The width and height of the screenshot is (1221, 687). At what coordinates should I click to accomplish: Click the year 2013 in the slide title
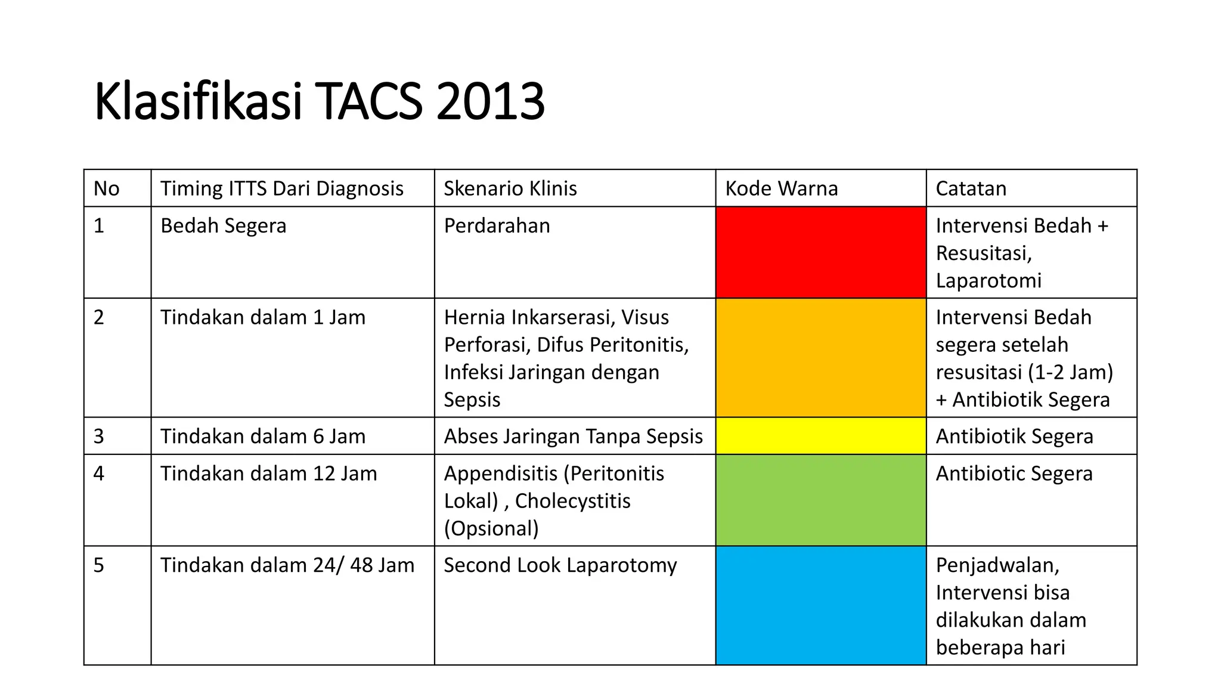coord(490,101)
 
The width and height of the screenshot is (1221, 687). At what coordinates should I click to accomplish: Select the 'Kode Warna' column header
coord(781,188)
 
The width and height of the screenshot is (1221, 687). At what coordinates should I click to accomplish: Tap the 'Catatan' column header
coord(971,188)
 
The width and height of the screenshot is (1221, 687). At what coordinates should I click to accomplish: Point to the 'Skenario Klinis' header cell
coord(510,188)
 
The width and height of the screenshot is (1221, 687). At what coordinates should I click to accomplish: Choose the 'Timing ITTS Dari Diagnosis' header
coord(282,188)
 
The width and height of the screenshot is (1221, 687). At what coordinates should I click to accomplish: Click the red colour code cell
coord(820,252)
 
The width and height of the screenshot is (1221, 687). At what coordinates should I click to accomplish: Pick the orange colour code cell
coord(820,357)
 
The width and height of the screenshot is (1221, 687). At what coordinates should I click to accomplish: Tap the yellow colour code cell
coord(820,436)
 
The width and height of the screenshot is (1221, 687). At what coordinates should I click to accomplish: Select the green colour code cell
coord(820,500)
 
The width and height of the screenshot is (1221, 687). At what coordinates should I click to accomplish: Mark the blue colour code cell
coord(820,605)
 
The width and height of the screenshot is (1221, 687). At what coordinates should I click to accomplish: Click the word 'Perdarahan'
coord(497,225)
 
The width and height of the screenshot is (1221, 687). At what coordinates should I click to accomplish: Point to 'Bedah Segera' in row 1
coord(224,225)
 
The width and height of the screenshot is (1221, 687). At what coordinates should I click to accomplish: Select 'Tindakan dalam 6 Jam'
coord(263,436)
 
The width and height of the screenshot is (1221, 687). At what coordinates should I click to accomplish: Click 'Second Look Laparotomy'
coord(560,565)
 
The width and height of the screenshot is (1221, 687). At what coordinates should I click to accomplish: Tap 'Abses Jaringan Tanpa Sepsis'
coord(574,436)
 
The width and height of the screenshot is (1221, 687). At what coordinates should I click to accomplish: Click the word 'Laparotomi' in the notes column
coord(988,280)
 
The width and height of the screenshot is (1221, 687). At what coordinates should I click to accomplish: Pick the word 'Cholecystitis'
coord(572,501)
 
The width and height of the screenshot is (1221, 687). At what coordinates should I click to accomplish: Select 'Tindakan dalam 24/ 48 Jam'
coord(287,565)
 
